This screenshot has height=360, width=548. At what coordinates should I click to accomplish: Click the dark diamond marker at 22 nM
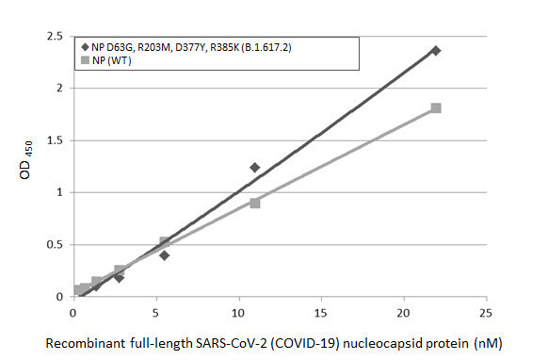(x=435, y=50)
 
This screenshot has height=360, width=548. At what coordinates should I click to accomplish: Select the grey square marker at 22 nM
(x=436, y=108)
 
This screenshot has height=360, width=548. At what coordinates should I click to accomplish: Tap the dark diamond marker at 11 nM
(x=254, y=167)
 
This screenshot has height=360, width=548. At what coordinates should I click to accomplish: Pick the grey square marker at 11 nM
(x=255, y=203)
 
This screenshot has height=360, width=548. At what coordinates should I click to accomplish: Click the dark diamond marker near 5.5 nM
(x=164, y=255)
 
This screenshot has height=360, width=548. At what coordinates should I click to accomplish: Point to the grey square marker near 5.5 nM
(x=165, y=242)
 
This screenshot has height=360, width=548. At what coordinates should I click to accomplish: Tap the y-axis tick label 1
(x=60, y=192)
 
